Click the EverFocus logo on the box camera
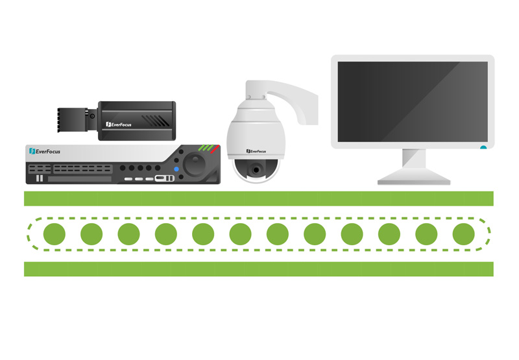(119, 125)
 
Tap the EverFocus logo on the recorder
(45, 151)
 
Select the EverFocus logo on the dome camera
(256, 151)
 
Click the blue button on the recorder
(176, 169)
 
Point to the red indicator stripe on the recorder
(215, 149)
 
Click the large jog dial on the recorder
(195, 163)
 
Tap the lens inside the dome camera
(256, 170)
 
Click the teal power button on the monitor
(483, 147)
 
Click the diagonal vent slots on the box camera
(155, 121)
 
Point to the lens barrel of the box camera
(73, 120)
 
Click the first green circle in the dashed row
(54, 234)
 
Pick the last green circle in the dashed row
(463, 234)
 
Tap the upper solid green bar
(259, 198)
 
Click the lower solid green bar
(259, 269)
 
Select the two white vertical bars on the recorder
(40, 178)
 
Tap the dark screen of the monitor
(413, 102)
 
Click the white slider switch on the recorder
(165, 178)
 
